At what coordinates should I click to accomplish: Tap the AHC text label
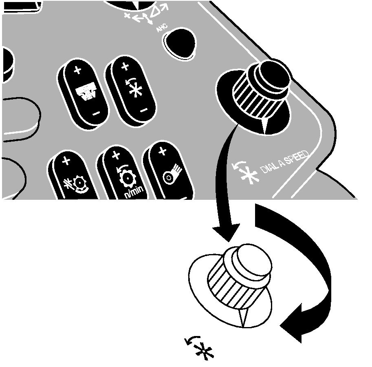[x=162, y=28]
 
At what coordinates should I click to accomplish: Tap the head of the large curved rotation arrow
[x=291, y=323]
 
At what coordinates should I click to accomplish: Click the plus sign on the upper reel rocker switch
[x=125, y=66]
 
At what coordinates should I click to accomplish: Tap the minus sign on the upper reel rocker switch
[x=144, y=110]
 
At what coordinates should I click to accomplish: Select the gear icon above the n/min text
[x=127, y=177]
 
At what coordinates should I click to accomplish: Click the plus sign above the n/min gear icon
[x=116, y=155]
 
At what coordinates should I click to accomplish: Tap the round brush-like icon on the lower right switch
[x=172, y=174]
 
